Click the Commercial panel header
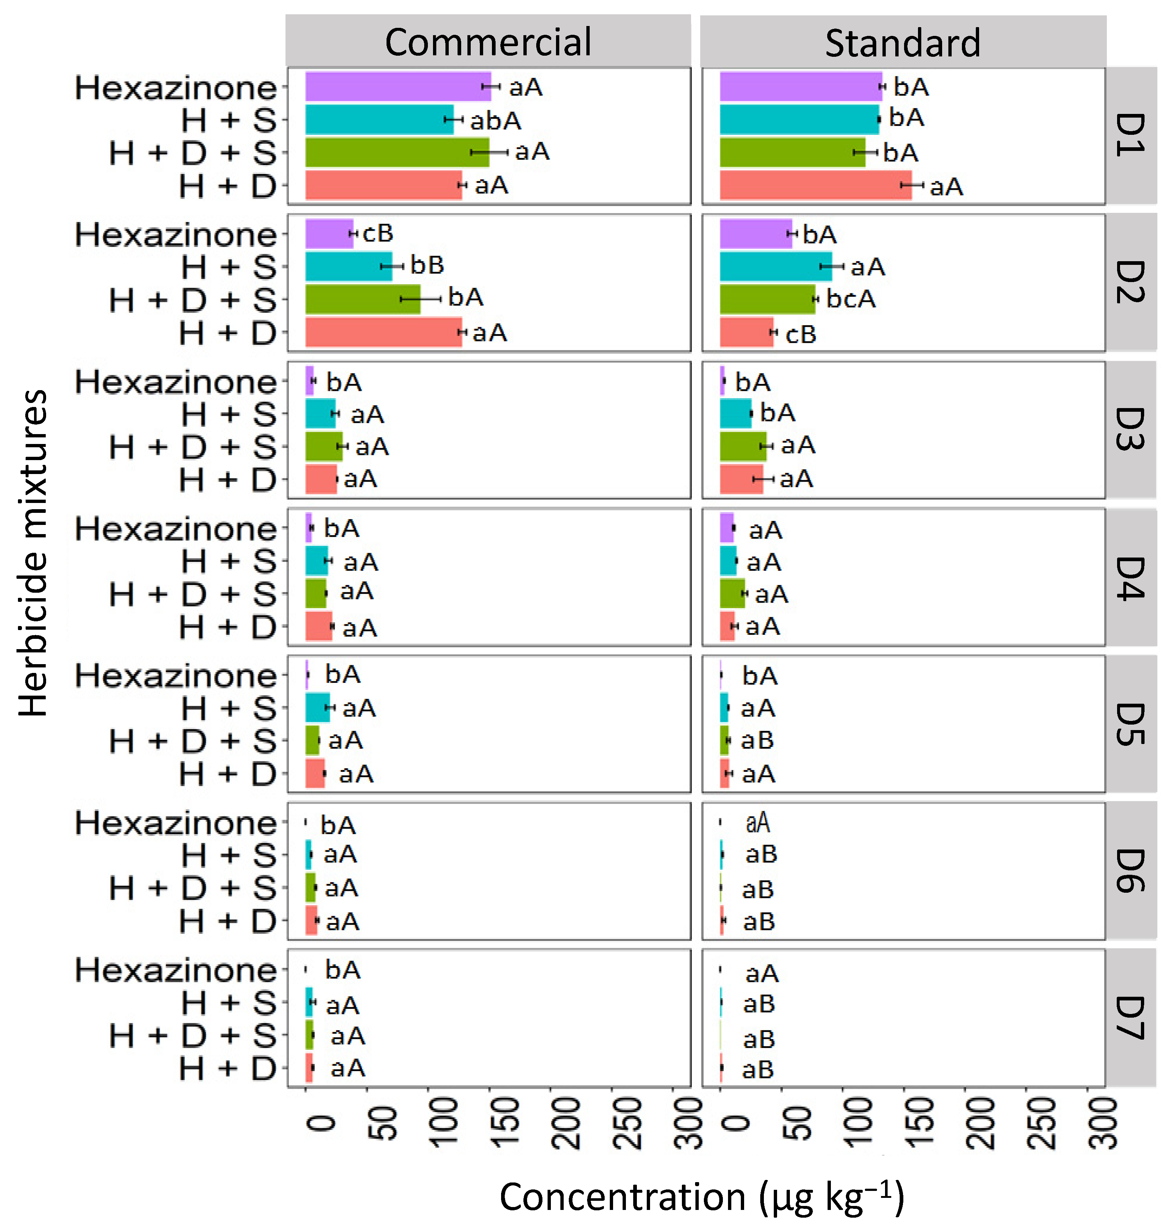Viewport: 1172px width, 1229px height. click(488, 41)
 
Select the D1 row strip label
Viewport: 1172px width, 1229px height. click(1130, 135)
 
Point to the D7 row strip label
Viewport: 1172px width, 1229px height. click(1130, 1018)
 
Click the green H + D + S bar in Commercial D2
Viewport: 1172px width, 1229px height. click(362, 299)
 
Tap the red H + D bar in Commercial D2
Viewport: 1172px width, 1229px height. click(383, 332)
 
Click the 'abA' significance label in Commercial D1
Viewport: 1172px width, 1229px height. click(496, 121)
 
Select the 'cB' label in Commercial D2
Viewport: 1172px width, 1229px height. click(377, 234)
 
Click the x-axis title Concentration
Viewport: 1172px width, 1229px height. click(702, 1196)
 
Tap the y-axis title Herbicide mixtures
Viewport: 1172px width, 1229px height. click(33, 553)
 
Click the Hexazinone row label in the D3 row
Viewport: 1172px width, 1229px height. click(176, 382)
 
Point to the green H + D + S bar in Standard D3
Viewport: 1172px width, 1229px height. click(742, 446)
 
